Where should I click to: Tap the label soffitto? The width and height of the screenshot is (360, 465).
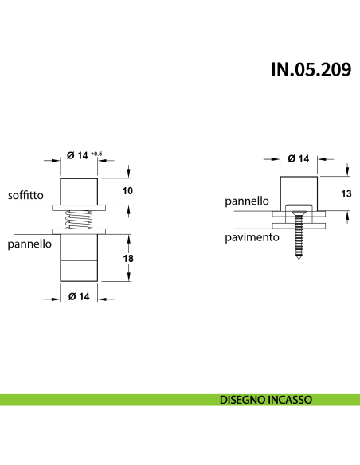(x=26, y=195)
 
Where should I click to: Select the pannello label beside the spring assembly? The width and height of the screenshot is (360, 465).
(x=29, y=244)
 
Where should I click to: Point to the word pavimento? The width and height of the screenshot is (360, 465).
(x=251, y=237)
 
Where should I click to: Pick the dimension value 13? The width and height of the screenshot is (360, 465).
(x=346, y=193)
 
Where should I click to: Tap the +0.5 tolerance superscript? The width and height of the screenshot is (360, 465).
(x=96, y=153)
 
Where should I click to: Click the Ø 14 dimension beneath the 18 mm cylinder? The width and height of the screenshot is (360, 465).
(x=78, y=297)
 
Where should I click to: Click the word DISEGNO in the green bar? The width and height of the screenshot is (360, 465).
(x=243, y=400)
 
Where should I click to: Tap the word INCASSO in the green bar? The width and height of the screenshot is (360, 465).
(x=289, y=400)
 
